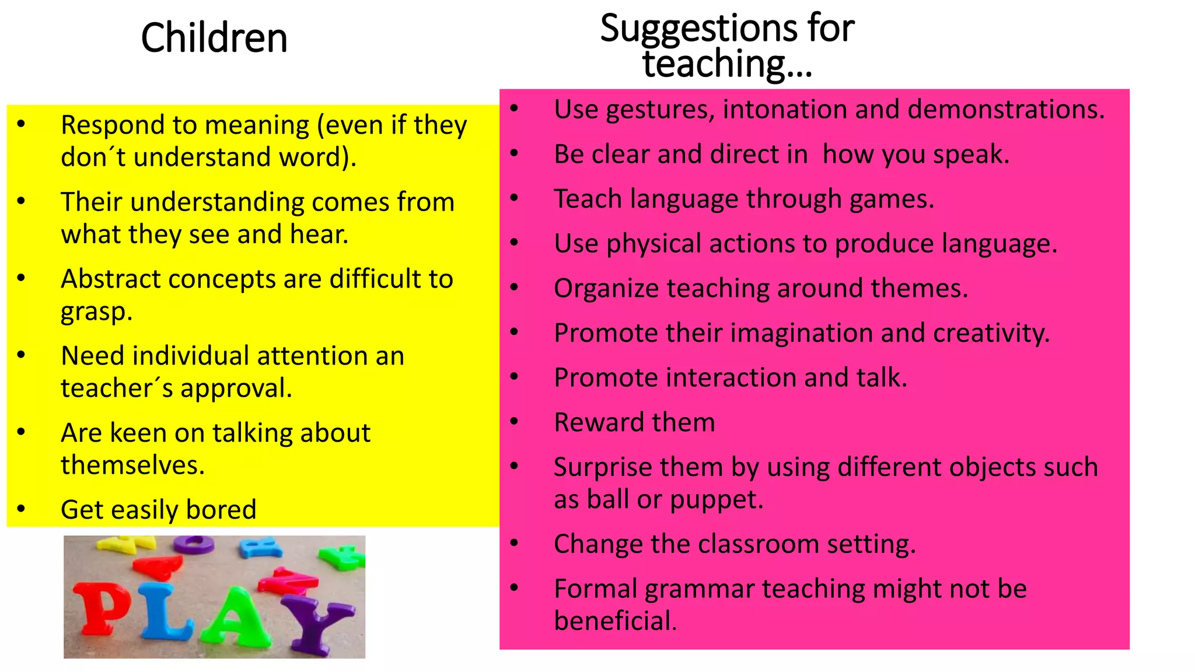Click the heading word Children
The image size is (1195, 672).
click(x=214, y=38)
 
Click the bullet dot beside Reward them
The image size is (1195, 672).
click(x=514, y=421)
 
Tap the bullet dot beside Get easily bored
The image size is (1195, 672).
click(x=22, y=509)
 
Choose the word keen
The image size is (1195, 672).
click(x=138, y=433)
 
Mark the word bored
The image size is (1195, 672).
click(x=221, y=510)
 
